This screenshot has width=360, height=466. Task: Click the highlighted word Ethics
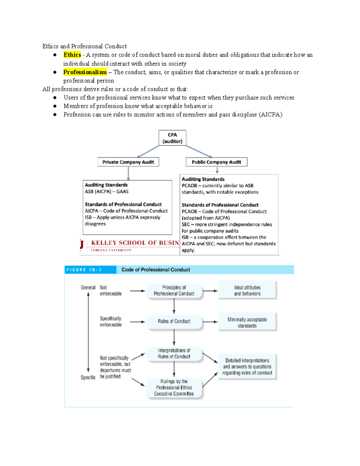(x=72, y=55)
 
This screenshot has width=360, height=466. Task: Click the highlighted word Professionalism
(x=85, y=72)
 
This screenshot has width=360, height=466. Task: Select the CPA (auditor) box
(x=172, y=138)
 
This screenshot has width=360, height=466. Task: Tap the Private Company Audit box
(x=128, y=162)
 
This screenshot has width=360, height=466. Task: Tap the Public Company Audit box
(x=216, y=162)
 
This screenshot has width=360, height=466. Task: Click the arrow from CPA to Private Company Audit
(x=148, y=152)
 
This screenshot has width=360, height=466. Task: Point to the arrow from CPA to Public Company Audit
(x=199, y=152)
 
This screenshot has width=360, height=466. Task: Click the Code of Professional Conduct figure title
(x=155, y=270)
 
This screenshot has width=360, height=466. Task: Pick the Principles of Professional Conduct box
(x=174, y=290)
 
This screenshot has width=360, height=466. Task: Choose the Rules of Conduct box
(x=174, y=321)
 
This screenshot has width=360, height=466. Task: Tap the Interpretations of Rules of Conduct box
(x=174, y=353)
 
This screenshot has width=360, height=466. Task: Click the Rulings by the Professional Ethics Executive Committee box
(x=174, y=387)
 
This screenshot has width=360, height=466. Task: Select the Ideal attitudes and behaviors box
(x=247, y=290)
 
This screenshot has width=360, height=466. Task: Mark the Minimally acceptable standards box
(x=247, y=323)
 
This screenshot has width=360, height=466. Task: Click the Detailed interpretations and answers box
(x=247, y=367)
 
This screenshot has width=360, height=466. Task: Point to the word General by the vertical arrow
(x=88, y=287)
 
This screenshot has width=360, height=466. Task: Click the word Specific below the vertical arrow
(x=88, y=377)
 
